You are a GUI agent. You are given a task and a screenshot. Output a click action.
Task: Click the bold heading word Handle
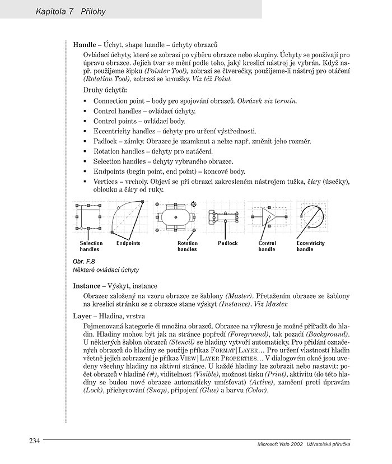pyautogui.click(x=85, y=44)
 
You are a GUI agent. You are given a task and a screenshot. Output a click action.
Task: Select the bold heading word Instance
pyautogui.click(x=87, y=286)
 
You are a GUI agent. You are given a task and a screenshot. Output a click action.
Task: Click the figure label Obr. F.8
pyautogui.click(x=85, y=262)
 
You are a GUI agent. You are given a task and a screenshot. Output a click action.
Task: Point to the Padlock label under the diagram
pyautogui.click(x=227, y=243)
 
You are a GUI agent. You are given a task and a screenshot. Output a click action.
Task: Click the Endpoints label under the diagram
pyautogui.click(x=128, y=243)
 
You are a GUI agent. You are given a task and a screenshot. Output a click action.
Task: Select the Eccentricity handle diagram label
pyautogui.click(x=310, y=246)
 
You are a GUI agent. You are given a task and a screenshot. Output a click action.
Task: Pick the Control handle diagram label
pyautogui.click(x=267, y=246)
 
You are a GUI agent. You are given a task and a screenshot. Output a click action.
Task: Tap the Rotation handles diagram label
pyautogui.click(x=187, y=246)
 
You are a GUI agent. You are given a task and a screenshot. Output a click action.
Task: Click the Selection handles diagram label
pyautogui.click(x=91, y=246)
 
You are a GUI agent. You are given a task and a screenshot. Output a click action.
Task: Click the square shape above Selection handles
pyautogui.click(x=88, y=217)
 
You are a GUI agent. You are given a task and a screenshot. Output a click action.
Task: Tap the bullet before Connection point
pyautogui.click(x=85, y=101)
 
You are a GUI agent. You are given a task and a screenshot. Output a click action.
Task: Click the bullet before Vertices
pyautogui.click(x=85, y=182)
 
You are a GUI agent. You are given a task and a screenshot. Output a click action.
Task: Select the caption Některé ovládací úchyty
pyautogui.click(x=106, y=270)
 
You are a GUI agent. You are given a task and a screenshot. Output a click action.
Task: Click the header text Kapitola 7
pyautogui.click(x=54, y=11)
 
